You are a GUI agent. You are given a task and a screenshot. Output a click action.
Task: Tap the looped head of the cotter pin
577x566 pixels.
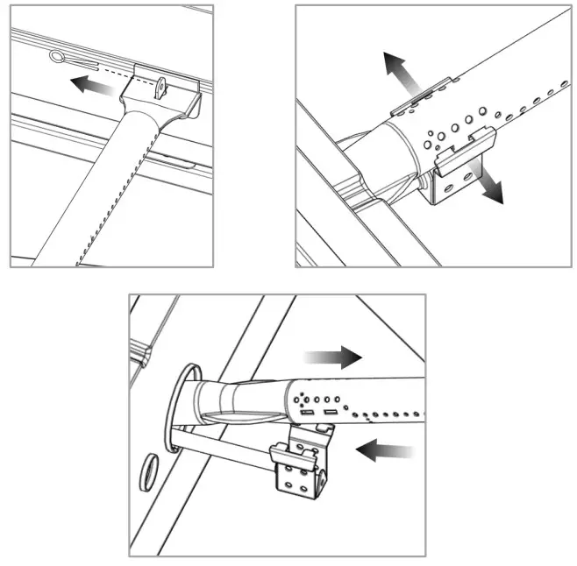(58, 58)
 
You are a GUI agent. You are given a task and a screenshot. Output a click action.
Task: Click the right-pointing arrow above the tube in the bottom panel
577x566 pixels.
(331, 357)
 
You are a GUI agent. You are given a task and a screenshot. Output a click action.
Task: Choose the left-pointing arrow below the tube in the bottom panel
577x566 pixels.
(385, 451)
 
